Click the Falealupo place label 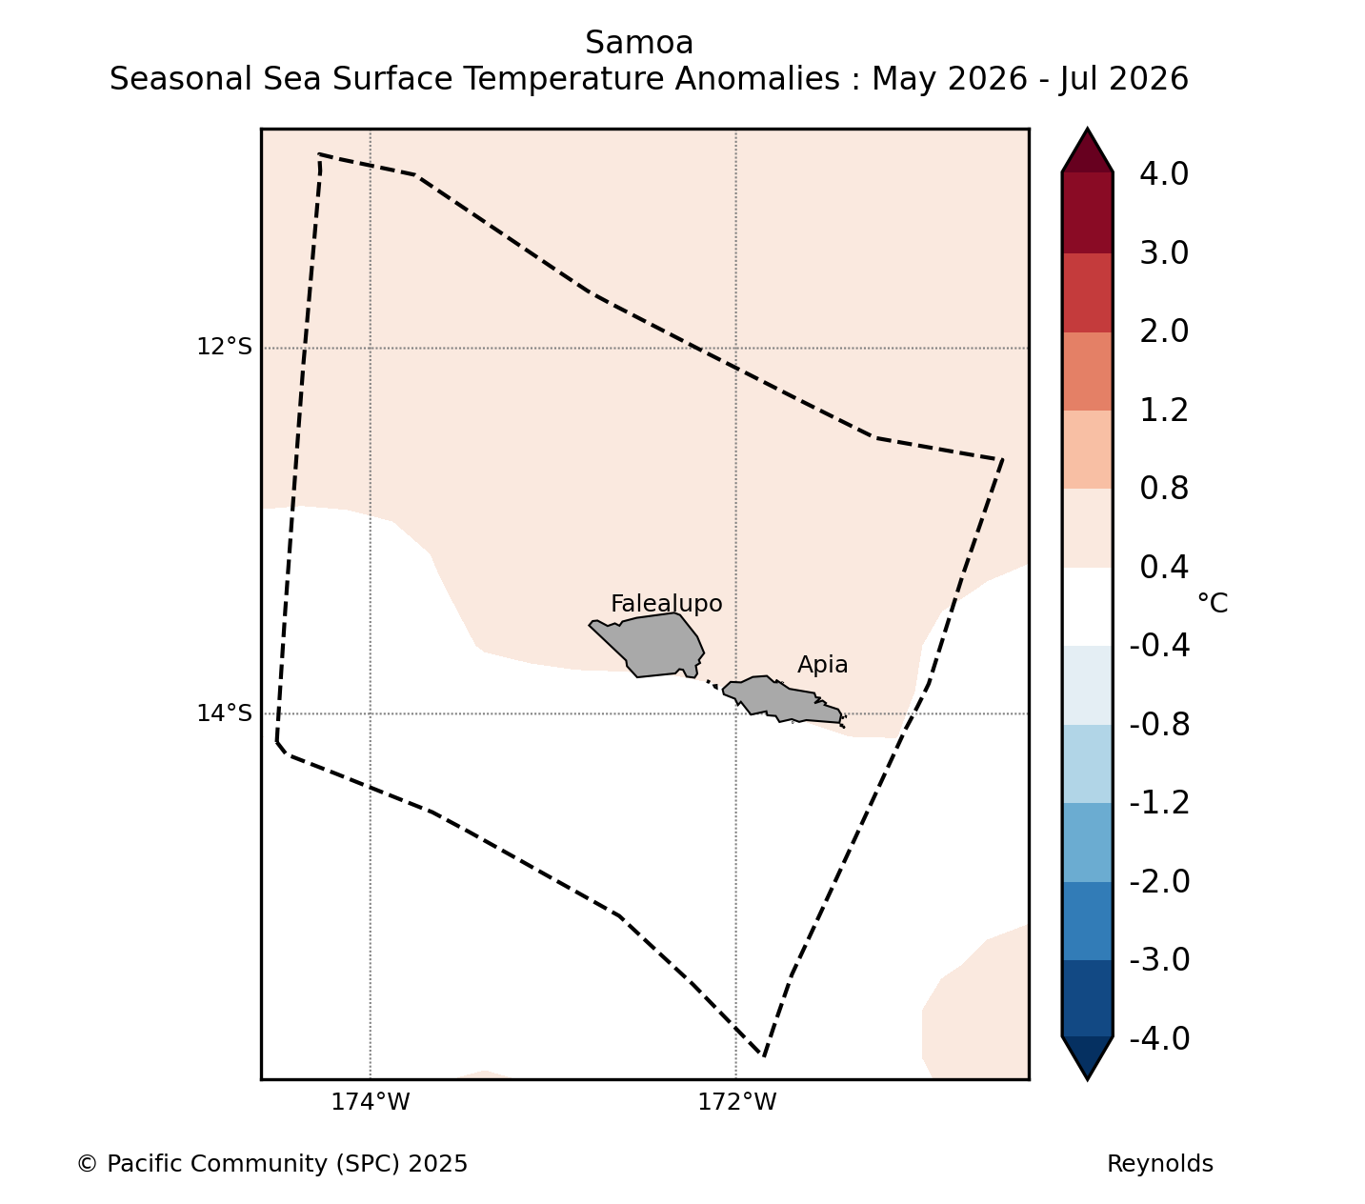[666, 604]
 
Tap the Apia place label [822, 665]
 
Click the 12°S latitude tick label [224, 347]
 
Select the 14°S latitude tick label [224, 712]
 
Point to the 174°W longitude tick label [370, 1102]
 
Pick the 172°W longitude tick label [736, 1102]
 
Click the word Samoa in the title [639, 43]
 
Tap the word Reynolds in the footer [1159, 1164]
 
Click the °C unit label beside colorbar [1212, 603]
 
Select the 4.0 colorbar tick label [1164, 173]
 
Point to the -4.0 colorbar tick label [1159, 1038]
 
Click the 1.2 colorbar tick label [1164, 411]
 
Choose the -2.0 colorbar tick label [1159, 881]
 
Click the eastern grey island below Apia [781, 702]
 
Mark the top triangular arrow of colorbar [1087, 152]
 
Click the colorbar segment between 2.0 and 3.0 [1087, 292]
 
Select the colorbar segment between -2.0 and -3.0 [1087, 921]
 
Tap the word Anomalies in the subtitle [757, 79]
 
